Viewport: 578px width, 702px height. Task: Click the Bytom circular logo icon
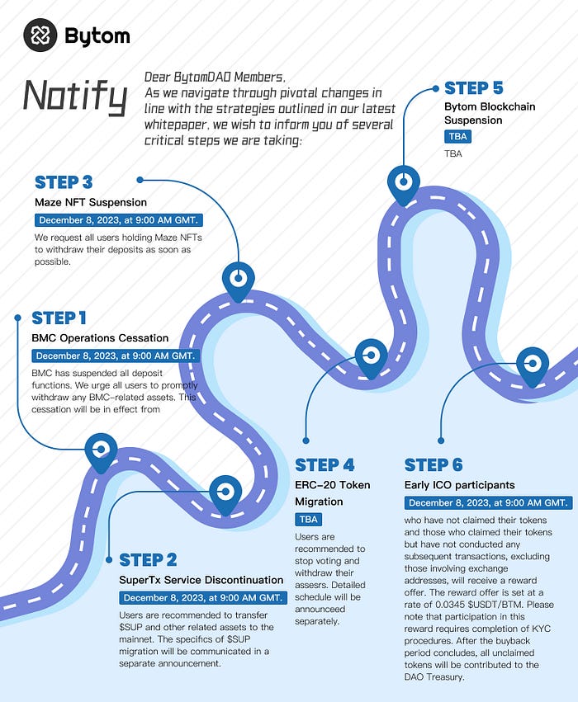(40, 35)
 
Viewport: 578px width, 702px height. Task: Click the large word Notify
(75, 97)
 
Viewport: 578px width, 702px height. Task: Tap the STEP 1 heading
(59, 318)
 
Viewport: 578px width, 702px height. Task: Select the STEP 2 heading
(148, 560)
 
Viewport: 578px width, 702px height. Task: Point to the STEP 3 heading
(64, 182)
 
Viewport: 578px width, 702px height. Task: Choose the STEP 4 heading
(325, 465)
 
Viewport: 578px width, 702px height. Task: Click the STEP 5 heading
(474, 88)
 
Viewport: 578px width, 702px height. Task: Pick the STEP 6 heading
(433, 465)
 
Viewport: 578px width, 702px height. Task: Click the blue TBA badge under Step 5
(457, 137)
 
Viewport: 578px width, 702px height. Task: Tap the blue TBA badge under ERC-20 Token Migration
(308, 520)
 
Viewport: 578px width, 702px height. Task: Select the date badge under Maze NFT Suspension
(119, 220)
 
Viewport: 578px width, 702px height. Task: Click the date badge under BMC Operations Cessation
(116, 356)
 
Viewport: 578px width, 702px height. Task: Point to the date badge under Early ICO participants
(488, 502)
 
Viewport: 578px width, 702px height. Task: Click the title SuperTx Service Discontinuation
(201, 580)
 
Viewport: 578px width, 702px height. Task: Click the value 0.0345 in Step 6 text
(450, 605)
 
